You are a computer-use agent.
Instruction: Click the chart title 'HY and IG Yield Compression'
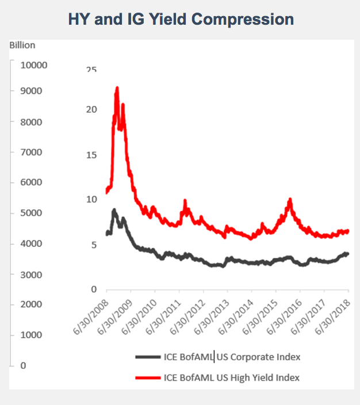181,19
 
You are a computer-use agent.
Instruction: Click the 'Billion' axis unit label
22,45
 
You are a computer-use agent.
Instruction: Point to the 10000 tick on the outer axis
34,65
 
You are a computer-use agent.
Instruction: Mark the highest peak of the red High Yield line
117,88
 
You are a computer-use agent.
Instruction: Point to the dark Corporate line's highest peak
114,210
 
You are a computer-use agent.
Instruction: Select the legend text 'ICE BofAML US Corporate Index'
232,357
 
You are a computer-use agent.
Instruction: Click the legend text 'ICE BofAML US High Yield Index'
232,377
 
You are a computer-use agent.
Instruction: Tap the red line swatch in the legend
148,377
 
